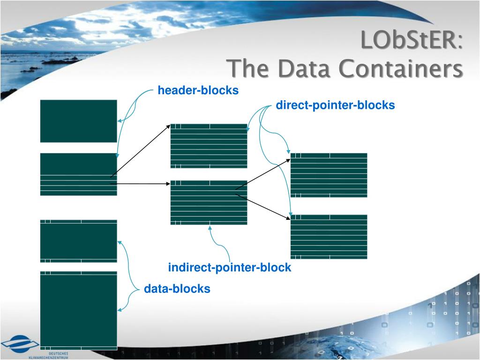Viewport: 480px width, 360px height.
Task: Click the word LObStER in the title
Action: (410, 40)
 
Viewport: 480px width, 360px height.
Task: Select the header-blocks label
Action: (198, 90)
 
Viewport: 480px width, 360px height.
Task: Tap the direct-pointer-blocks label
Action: (335, 105)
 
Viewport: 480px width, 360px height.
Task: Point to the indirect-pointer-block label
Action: (230, 268)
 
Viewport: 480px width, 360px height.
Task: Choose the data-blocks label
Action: (177, 289)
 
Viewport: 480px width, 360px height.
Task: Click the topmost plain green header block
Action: (78, 120)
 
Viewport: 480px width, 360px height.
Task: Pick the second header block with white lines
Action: (78, 174)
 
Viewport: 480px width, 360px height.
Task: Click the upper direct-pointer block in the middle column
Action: (209, 146)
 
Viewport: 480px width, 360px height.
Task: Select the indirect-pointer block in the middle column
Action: (209, 202)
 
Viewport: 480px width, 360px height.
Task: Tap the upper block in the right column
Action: (329, 175)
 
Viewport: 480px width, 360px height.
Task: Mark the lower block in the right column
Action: (329, 237)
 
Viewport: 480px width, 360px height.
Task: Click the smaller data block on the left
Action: (78, 241)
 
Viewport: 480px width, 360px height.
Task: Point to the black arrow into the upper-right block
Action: (262, 174)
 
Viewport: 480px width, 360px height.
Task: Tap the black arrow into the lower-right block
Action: (262, 206)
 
